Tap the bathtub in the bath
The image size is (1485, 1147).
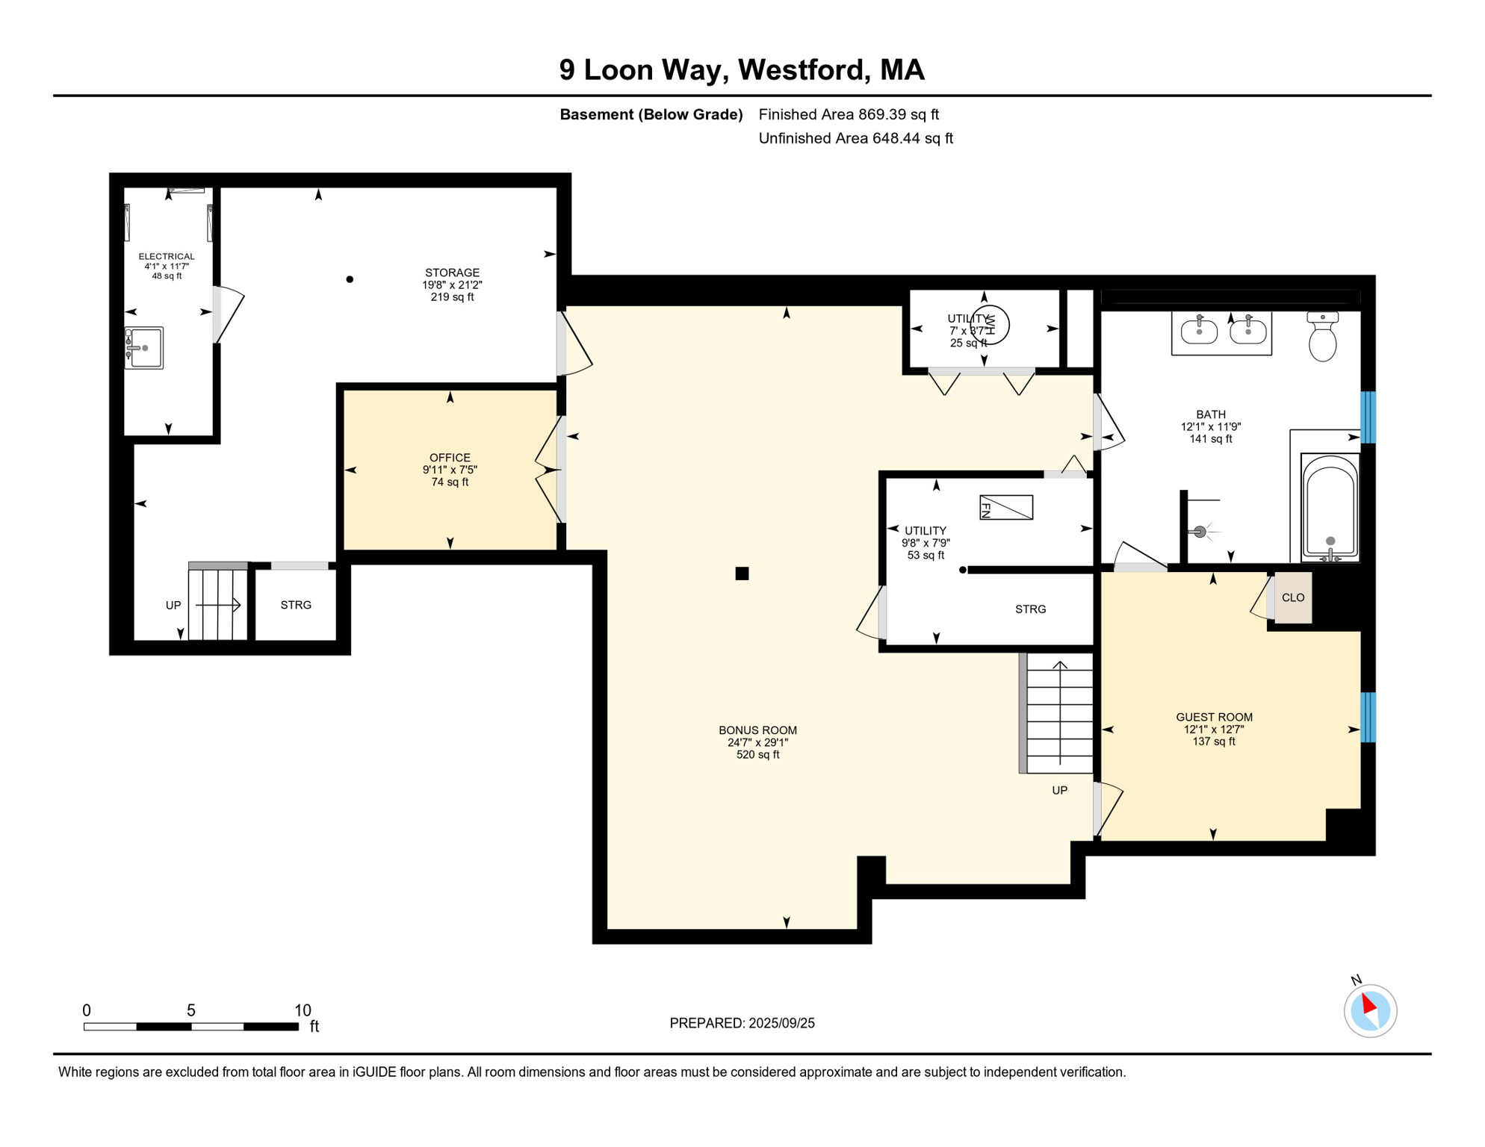(x=1330, y=507)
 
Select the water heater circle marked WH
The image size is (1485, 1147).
(x=990, y=325)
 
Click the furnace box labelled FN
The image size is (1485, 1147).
(x=1006, y=508)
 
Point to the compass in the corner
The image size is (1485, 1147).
(x=1370, y=1011)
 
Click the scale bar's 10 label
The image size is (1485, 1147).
(x=303, y=1010)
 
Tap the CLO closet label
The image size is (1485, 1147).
(x=1293, y=597)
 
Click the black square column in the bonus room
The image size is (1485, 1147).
(x=742, y=573)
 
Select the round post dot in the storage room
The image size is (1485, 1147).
(x=350, y=279)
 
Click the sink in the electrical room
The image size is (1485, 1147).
(x=143, y=348)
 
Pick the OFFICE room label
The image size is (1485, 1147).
(x=450, y=458)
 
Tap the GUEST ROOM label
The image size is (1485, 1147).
(x=1214, y=717)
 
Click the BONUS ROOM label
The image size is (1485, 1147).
(x=757, y=730)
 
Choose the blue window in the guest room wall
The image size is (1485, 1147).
(x=1368, y=718)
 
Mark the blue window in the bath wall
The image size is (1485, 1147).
(x=1368, y=417)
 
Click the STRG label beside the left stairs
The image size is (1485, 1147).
(x=296, y=605)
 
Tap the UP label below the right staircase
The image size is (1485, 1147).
(x=1059, y=790)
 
